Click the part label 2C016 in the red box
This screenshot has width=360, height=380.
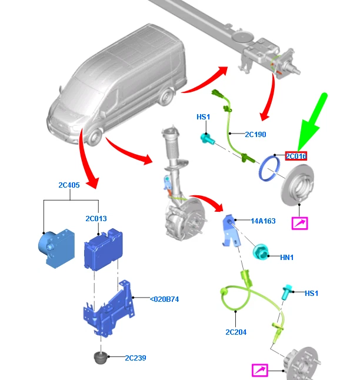point(296,156)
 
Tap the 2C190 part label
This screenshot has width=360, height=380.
point(255,135)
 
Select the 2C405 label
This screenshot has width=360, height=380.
point(69,185)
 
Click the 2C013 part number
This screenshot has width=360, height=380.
point(96,219)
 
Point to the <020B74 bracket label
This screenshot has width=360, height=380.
point(164,299)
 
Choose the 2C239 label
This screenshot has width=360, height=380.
point(135,358)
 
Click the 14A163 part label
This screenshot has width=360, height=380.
point(263,221)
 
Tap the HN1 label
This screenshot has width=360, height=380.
point(287,258)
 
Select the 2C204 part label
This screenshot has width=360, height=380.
point(236,332)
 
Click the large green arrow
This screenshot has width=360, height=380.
point(313,122)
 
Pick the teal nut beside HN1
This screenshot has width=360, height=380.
point(260,252)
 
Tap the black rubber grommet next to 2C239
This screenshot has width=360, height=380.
point(100,358)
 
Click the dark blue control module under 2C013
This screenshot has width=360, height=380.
point(103,249)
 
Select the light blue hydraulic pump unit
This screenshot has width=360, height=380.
point(56,248)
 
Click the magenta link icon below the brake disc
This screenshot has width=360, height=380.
point(300,223)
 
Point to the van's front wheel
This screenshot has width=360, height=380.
point(94,138)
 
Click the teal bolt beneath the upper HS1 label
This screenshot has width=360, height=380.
point(208,139)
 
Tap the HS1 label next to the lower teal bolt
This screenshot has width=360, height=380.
point(312,294)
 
